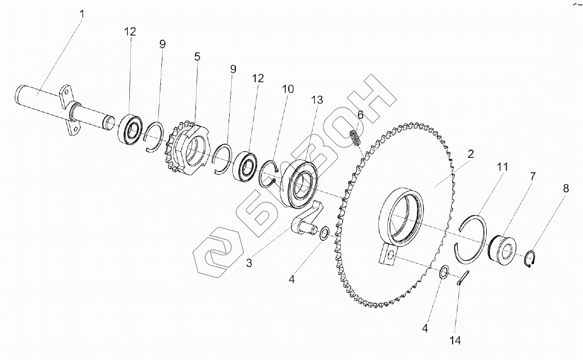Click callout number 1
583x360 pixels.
click(x=81, y=13)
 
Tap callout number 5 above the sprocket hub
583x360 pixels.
click(x=197, y=57)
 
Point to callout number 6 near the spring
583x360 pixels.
click(x=360, y=115)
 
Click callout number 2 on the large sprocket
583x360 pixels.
click(x=471, y=154)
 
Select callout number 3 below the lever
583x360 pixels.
click(x=249, y=263)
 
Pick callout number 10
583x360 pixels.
click(x=288, y=89)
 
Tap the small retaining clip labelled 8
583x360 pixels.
click(x=531, y=259)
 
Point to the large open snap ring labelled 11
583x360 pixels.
click(x=470, y=238)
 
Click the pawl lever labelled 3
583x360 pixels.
click(x=307, y=220)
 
